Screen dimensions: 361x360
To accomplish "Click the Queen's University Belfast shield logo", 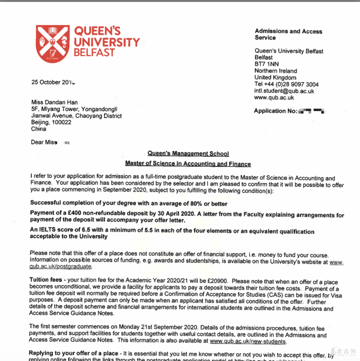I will [x=53, y=44].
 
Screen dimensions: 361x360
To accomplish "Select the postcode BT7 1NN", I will [x=266, y=64].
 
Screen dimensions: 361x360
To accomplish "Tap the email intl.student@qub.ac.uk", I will [x=284, y=91].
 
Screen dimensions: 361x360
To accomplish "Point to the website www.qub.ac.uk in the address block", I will [x=274, y=97].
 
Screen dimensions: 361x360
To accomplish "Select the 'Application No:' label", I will [x=276, y=111].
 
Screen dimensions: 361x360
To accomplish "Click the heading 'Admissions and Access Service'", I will [x=288, y=34].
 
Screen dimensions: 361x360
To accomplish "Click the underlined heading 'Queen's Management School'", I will [x=188, y=154].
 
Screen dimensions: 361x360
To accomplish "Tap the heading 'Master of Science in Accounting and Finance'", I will [x=188, y=164].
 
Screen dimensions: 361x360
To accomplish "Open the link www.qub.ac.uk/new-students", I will [x=248, y=342].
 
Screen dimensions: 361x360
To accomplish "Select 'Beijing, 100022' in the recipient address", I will [x=51, y=123].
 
